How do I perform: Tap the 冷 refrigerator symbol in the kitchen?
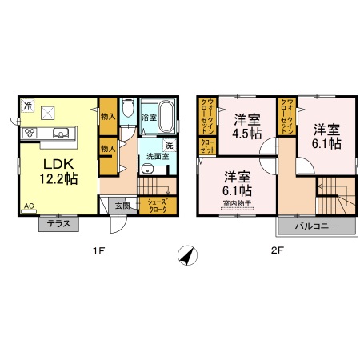pyautogui.click(x=27, y=105)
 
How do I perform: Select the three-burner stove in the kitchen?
pyautogui.click(x=30, y=132)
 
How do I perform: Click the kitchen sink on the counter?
pyautogui.click(x=62, y=132)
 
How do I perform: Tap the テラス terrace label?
pyautogui.click(x=57, y=225)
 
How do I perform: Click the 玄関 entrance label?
pyautogui.click(x=122, y=206)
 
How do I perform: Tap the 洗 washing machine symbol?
pyautogui.click(x=169, y=146)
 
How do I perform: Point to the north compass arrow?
pyautogui.click(x=187, y=254)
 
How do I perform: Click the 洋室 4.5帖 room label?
pyautogui.click(x=246, y=126)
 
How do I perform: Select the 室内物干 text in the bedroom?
pyautogui.click(x=238, y=203)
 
